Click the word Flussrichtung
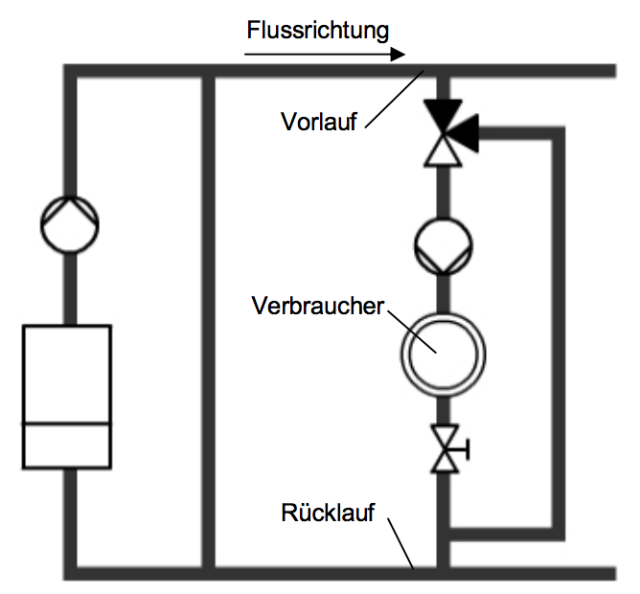point(318,30)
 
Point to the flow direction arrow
point(326,56)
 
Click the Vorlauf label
point(319,122)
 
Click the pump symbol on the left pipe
point(70,224)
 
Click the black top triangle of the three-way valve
point(443,115)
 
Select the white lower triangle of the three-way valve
point(443,150)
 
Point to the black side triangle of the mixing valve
point(465,133)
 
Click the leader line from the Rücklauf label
point(401,544)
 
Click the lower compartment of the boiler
point(67,445)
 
